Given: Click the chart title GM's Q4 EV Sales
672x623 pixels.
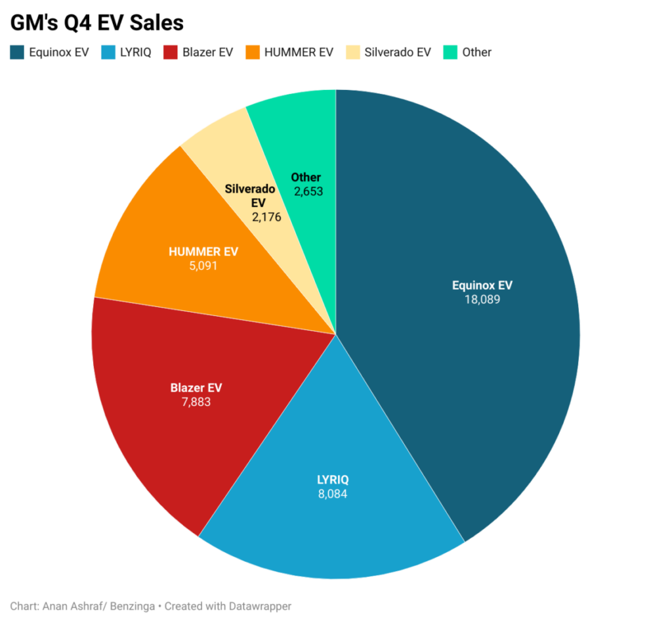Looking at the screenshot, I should (96, 22).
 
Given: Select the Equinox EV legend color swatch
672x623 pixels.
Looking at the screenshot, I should (16, 53).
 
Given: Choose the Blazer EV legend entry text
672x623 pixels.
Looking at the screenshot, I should (207, 53).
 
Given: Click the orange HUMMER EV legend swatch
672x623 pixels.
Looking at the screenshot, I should (252, 53).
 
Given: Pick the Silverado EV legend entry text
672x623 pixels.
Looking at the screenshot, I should (397, 53).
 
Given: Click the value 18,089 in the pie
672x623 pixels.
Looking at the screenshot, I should (482, 300).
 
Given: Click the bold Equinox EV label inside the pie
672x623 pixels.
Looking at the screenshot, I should (482, 286).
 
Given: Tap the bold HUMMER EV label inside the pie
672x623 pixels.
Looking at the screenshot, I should (203, 252).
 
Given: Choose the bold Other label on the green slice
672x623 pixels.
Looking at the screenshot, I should (306, 177).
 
